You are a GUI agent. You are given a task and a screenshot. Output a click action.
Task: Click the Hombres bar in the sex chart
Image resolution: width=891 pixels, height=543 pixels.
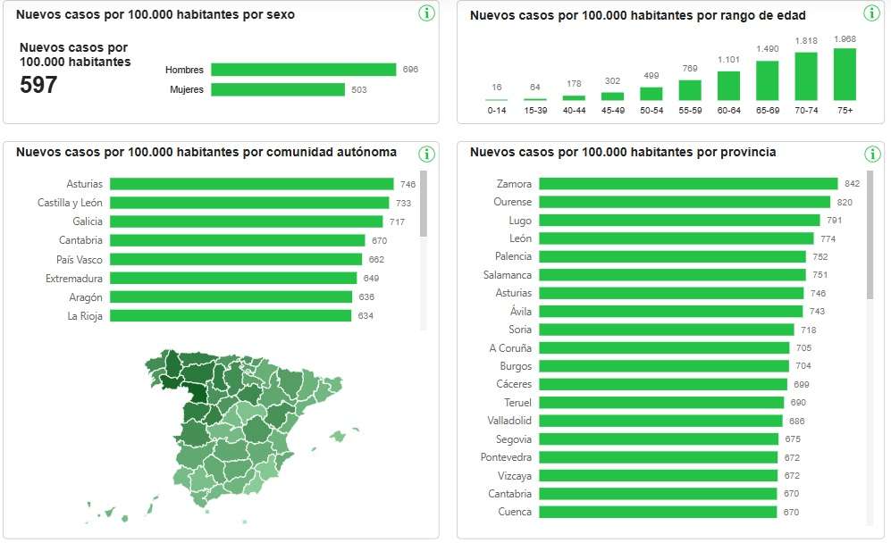coord(303,70)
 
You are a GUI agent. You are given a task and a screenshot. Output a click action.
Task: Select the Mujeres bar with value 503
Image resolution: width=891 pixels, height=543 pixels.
coord(278,89)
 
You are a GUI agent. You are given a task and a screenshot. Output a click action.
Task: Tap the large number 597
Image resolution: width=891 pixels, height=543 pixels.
coord(38,86)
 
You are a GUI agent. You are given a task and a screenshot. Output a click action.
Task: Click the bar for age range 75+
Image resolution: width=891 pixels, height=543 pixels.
coord(845,74)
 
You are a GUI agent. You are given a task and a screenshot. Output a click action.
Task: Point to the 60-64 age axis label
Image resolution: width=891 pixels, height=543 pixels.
coord(728,110)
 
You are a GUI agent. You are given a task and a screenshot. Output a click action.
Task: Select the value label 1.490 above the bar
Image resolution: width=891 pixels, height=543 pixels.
coord(768,49)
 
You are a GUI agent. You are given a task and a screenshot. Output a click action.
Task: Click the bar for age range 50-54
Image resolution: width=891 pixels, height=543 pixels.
coord(651,93)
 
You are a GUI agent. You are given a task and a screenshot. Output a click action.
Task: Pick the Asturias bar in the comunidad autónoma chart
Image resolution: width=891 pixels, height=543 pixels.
coord(251,184)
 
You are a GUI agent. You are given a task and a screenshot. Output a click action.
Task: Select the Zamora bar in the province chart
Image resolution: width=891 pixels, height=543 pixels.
coord(688,184)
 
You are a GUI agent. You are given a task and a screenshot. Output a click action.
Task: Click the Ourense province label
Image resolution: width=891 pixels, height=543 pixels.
coord(512,202)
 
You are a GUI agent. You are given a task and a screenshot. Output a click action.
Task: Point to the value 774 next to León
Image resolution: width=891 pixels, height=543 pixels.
coord(828,238)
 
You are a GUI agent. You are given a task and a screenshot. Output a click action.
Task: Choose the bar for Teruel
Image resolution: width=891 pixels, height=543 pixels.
coord(662,403)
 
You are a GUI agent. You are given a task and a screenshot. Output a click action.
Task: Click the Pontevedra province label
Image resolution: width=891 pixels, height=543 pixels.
coord(509,457)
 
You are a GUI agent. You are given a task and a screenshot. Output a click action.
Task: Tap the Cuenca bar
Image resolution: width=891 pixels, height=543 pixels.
coord(658,512)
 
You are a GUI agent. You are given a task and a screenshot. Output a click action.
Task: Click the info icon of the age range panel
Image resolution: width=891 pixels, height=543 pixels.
coord(872,13)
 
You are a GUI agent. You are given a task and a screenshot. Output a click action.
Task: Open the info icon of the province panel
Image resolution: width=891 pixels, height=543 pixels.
coord(872,154)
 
